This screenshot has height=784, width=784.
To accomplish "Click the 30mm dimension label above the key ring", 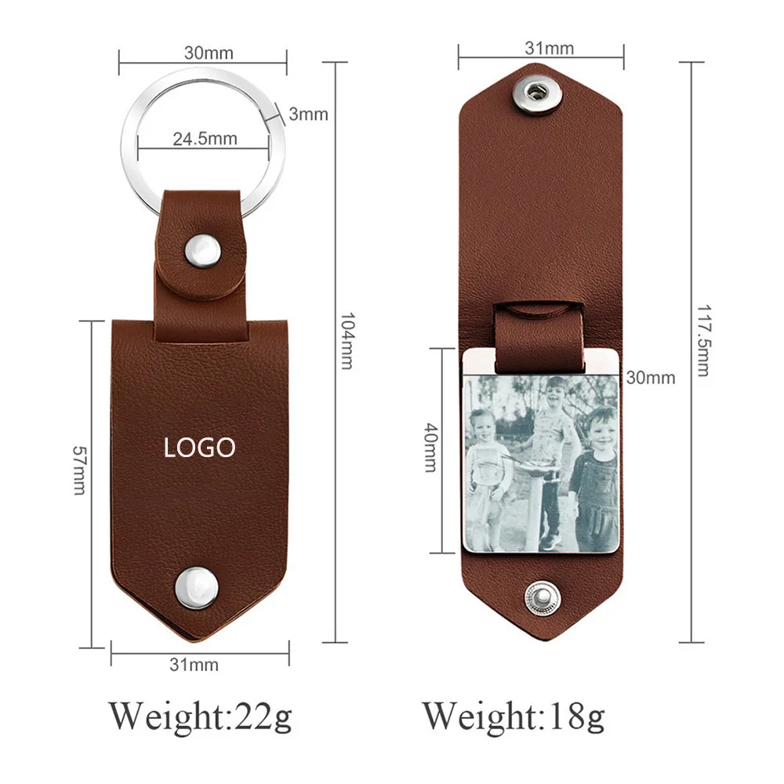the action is point(209,53).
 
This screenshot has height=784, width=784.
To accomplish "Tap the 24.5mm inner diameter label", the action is point(205,139).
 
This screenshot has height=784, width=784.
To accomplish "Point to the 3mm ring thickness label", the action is point(308,114).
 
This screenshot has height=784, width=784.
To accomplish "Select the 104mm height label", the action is point(347,340).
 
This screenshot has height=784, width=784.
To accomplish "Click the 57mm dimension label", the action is point(79,470).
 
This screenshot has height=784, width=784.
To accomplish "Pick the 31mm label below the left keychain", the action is point(194,665).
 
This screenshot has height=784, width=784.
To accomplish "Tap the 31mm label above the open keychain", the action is point(549,48).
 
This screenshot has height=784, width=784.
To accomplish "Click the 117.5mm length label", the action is point(703,340).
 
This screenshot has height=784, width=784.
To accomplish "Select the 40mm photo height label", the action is point(431,448).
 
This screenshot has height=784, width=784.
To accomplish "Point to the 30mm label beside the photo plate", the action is point(651,378).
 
